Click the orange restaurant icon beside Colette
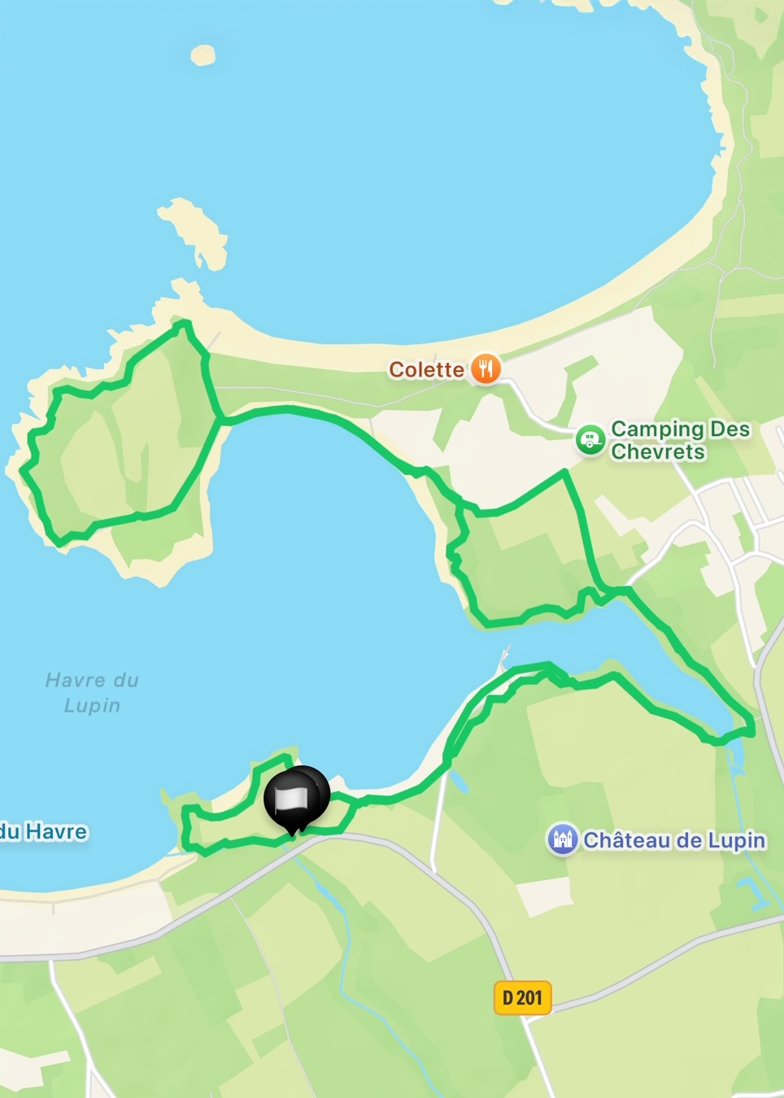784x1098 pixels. [x=486, y=368]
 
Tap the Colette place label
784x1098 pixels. [x=426, y=370]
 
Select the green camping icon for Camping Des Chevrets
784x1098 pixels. [x=590, y=440]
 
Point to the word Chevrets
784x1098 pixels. [x=657, y=452]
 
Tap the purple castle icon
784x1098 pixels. [x=562, y=839]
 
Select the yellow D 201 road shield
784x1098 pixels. [x=522, y=998]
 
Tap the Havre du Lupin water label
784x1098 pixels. [x=92, y=692]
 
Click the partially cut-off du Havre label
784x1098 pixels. [x=43, y=831]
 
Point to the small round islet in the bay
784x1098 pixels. [x=203, y=55]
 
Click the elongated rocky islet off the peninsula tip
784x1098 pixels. [x=195, y=231]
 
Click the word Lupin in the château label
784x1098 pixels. [x=737, y=840]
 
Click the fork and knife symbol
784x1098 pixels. [x=486, y=368]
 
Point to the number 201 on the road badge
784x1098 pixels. [x=529, y=998]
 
